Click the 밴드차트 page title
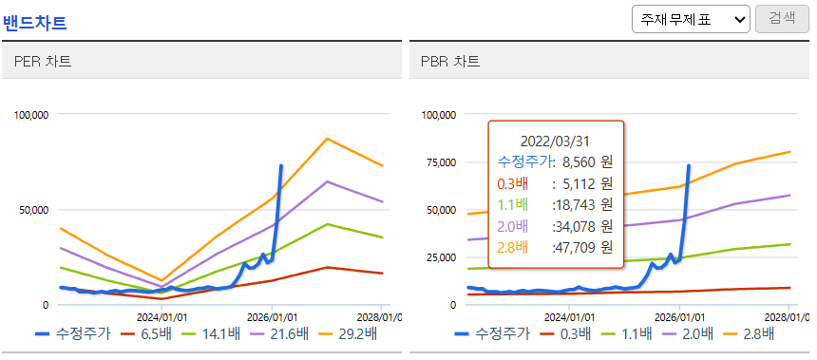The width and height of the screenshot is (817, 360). pos(35,24)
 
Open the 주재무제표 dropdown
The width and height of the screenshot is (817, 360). pos(691,19)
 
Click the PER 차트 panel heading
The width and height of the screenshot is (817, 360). pos(43,62)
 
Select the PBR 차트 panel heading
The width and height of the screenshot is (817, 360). pos(450,62)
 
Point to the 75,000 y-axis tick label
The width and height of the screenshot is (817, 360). pos(440,162)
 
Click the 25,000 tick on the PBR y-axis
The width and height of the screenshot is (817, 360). pos(440,257)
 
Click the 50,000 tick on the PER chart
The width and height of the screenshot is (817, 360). pos(33,210)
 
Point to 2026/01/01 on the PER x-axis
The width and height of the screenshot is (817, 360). pos(272,316)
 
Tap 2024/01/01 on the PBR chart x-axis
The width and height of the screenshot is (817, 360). pos(567,316)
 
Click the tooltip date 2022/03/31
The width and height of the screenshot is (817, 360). pos(555,141)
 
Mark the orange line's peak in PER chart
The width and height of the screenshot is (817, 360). pos(327,138)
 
